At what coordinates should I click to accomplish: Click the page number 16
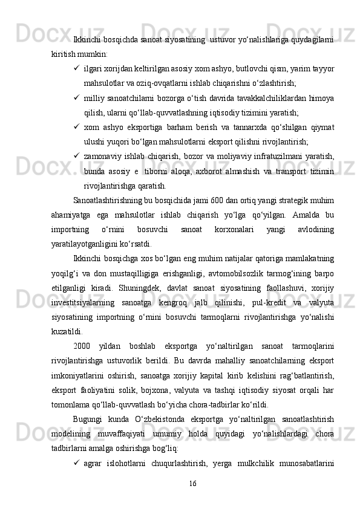pyautogui.click(x=192, y=483)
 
